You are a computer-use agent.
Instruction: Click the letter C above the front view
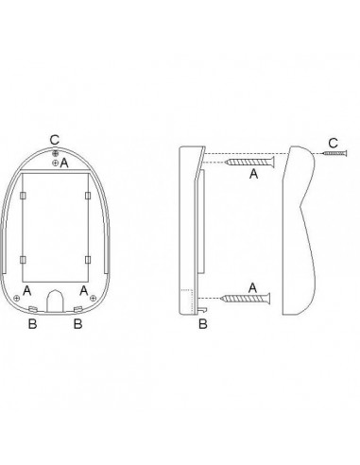click(x=55, y=140)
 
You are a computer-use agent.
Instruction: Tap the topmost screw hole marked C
click(x=56, y=153)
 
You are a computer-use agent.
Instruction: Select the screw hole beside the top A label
click(x=55, y=163)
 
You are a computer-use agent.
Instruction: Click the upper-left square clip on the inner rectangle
click(x=23, y=196)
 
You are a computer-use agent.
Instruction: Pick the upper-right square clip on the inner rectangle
click(x=88, y=196)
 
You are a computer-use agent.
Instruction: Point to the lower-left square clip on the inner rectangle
click(x=23, y=260)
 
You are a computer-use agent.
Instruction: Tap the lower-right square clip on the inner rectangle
click(x=88, y=260)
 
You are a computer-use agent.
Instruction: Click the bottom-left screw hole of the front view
click(x=17, y=298)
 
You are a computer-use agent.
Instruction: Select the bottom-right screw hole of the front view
click(x=93, y=298)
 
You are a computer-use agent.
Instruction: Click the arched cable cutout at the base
click(x=55, y=301)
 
